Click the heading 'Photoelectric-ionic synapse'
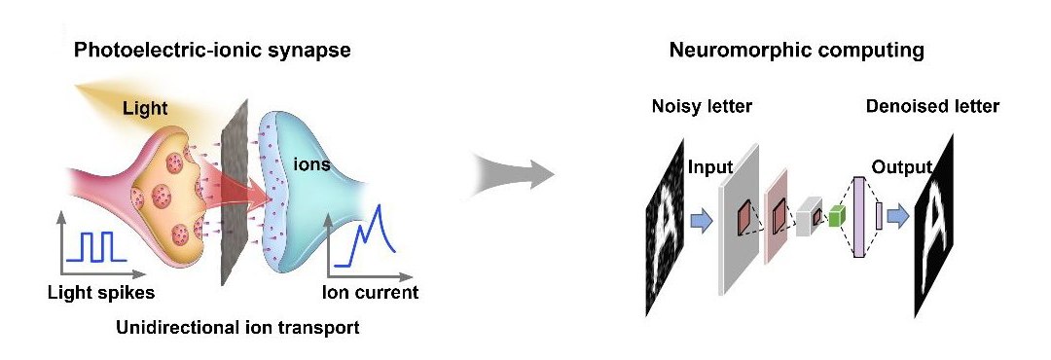(x=212, y=51)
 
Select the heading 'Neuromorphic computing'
(x=796, y=51)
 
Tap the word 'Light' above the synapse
(x=145, y=111)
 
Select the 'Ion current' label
(x=370, y=291)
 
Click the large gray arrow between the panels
(x=514, y=176)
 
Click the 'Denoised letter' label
(x=931, y=106)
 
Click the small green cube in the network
(x=834, y=220)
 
